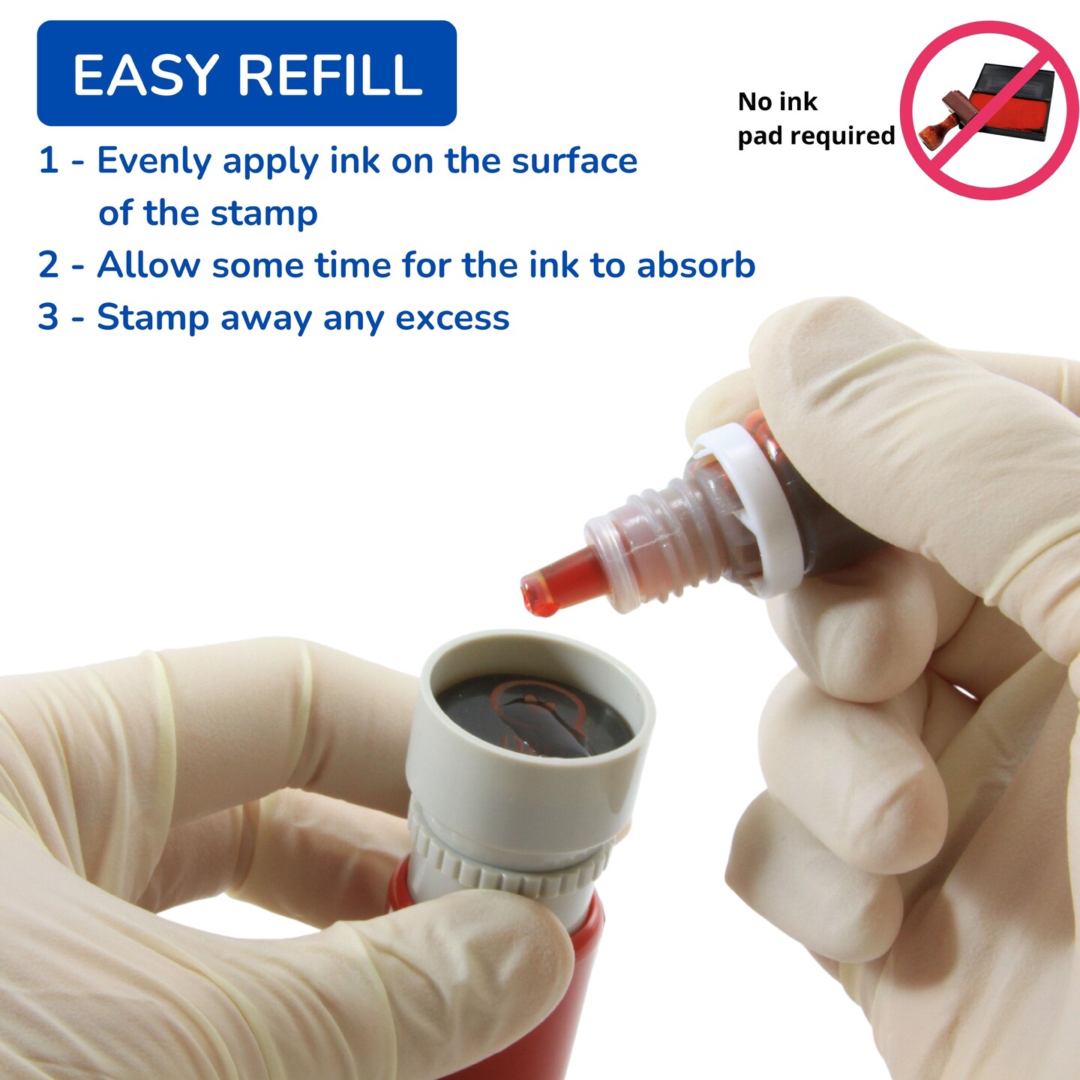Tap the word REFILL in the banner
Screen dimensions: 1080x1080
(330, 75)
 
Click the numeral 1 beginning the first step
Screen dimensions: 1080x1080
(49, 160)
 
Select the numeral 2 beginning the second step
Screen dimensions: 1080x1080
(49, 265)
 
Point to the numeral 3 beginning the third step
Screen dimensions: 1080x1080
(49, 316)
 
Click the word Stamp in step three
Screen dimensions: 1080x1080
(153, 318)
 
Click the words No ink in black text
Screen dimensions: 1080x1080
(777, 102)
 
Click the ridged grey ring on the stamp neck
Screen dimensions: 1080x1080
(510, 862)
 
